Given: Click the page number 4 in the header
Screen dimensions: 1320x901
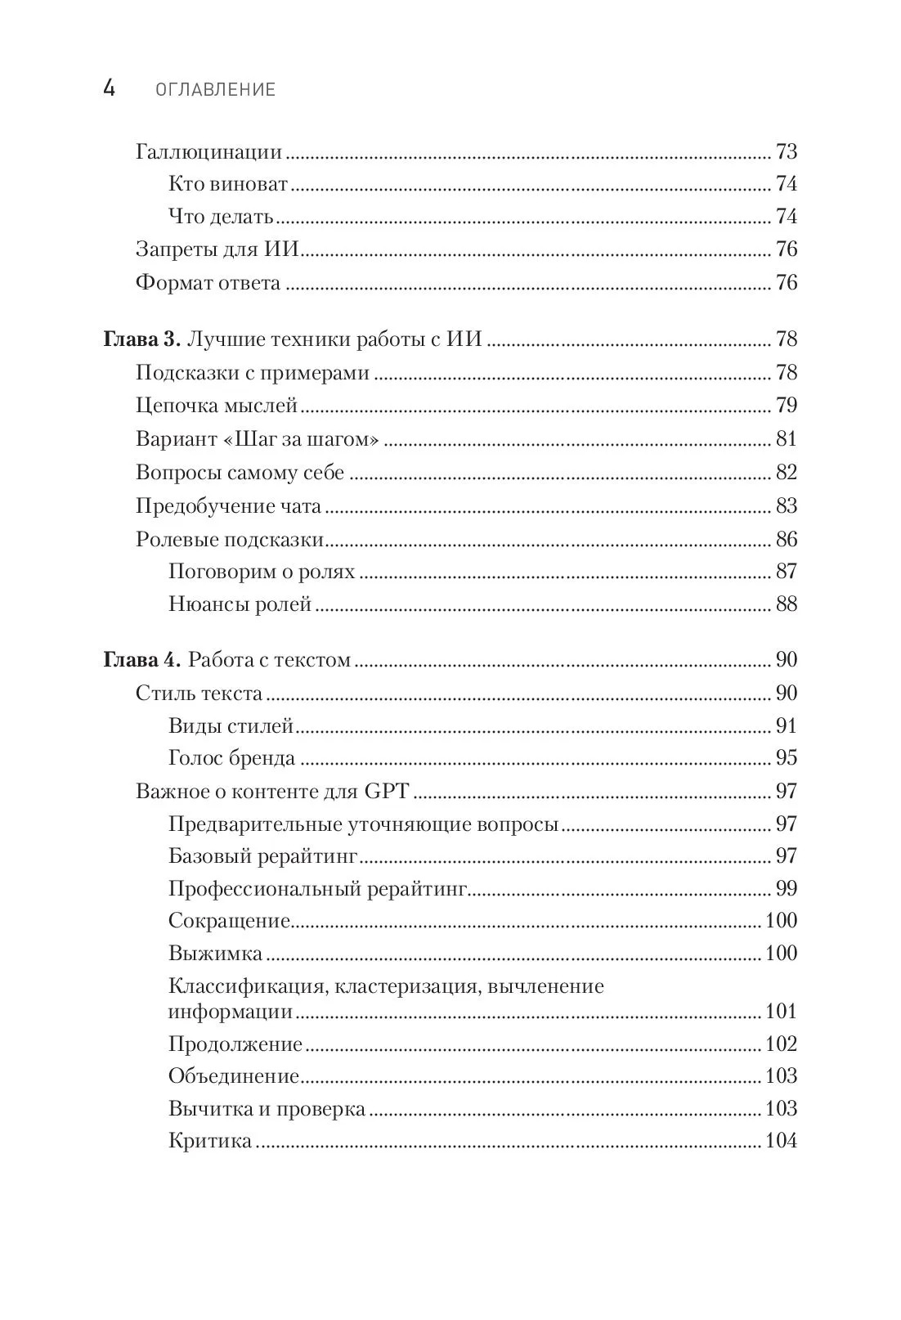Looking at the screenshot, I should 109,88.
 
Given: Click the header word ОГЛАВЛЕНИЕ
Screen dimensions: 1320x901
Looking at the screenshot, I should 216,90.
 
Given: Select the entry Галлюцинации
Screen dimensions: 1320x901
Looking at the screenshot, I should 208,152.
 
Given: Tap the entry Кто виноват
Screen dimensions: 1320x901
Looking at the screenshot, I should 228,184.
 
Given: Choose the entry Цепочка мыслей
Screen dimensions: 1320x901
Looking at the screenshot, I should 216,406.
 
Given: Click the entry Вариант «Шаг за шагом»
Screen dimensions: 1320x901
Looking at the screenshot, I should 258,439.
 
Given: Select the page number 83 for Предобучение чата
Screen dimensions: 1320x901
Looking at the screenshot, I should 785,506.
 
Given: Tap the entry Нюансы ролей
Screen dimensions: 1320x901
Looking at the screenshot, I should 240,604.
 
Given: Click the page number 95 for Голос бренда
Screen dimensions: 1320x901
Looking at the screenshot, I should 785,758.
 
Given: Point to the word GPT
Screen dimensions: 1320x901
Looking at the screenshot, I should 386,791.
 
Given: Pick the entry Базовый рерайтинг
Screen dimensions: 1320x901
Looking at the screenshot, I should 263,856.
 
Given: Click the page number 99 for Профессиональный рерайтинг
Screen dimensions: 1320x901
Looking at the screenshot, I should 785,889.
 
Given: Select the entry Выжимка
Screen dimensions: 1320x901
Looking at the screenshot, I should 215,954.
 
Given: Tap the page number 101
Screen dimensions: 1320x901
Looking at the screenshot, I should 780,1012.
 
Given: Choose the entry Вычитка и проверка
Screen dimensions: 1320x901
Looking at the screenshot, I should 267,1109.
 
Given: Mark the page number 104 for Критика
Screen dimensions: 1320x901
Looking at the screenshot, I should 780,1141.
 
